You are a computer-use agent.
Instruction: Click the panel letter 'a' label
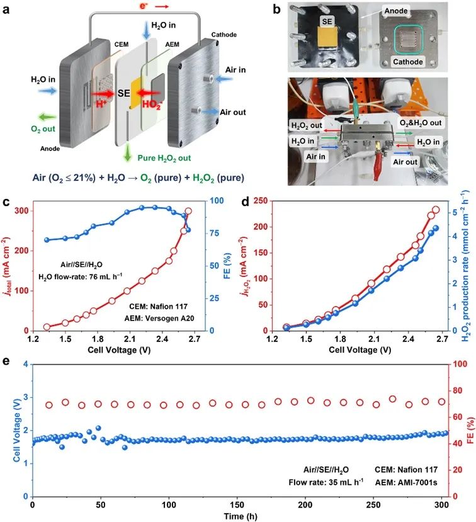click(7, 8)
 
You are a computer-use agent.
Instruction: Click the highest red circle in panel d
click(436, 210)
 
